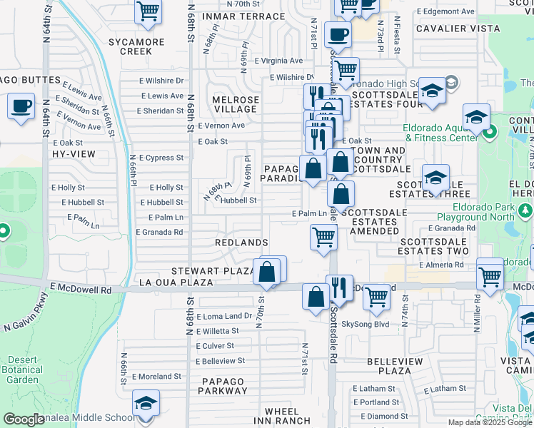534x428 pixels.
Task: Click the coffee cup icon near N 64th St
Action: coord(21,107)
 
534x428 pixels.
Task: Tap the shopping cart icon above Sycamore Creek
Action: coord(148,11)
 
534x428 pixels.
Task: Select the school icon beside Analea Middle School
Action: coord(145,404)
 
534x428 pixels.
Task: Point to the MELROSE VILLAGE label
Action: coord(235,104)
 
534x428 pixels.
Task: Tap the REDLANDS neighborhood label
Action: coord(241,243)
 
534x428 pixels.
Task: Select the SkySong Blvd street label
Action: coord(365,324)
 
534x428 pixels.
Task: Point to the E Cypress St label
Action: coord(161,158)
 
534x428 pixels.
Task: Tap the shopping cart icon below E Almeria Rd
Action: coord(490,275)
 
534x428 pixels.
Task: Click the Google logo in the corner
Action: coord(24,420)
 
